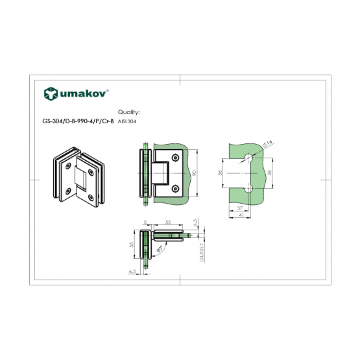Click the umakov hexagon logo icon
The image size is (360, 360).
pyautogui.click(x=51, y=93)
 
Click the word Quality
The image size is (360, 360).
pyautogui.click(x=129, y=112)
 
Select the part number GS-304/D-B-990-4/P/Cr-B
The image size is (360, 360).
pyautogui.click(x=78, y=121)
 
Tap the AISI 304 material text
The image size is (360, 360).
pyautogui.click(x=127, y=122)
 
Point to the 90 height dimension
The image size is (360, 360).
pyautogui.click(x=194, y=173)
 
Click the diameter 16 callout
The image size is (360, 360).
pyautogui.click(x=267, y=143)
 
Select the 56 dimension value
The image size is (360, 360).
pyautogui.click(x=220, y=173)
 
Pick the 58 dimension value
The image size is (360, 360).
pyautogui.click(x=270, y=173)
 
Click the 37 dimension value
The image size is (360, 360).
pyautogui.click(x=240, y=208)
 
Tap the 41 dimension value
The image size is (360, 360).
pyautogui.click(x=241, y=215)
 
